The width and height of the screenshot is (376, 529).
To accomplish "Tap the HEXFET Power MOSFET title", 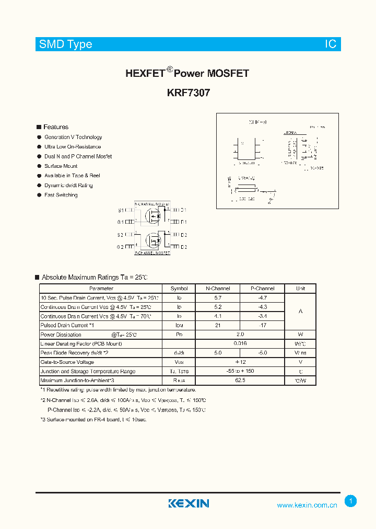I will pos(187,73).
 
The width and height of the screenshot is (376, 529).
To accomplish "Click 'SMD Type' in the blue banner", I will pos(66,44).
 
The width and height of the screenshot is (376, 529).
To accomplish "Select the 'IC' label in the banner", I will pos(331,44).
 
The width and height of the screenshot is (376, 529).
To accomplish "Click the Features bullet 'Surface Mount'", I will pos(61,166).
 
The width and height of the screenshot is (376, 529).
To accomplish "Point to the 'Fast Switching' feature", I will pos(61,195).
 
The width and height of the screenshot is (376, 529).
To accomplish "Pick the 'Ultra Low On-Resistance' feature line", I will pos(73,147).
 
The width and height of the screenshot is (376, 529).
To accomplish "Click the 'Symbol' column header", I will pos(179,289).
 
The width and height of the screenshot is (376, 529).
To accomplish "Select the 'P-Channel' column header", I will pos(263,289).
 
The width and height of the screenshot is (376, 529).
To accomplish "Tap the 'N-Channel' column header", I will pos(218,289).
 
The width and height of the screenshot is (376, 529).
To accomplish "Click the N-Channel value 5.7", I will pos(218,297).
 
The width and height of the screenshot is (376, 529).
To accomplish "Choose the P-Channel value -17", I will pos(263,325).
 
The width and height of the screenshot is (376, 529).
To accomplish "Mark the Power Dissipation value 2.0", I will pos(240,334).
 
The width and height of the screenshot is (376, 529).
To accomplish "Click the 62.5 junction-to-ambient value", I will pos(240,380).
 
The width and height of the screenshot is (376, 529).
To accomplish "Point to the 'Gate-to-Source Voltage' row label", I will pos(67,362).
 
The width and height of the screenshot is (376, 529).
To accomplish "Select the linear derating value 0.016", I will pos(240,343).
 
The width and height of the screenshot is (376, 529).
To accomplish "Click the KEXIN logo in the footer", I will pos(189,503).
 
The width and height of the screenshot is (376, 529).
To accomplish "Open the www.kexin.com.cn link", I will pos(307,505).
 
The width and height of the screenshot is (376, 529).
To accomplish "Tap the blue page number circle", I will pos(351,501).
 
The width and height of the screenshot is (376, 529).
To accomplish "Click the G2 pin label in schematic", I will pos(120,247).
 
